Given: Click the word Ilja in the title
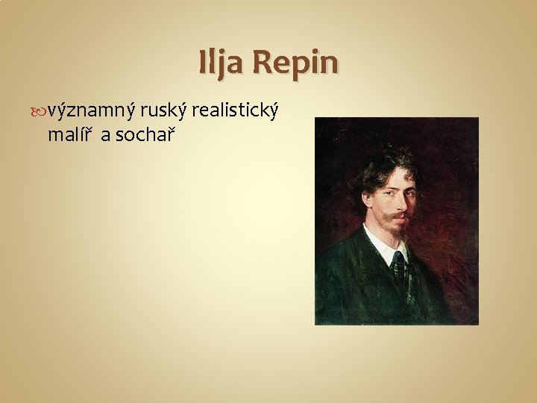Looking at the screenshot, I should coord(221,63).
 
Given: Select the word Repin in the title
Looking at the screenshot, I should coord(295,63).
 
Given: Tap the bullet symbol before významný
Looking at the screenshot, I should coord(40,111).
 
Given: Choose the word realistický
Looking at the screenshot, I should coord(236,112).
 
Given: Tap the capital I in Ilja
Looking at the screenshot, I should coord(203,63).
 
